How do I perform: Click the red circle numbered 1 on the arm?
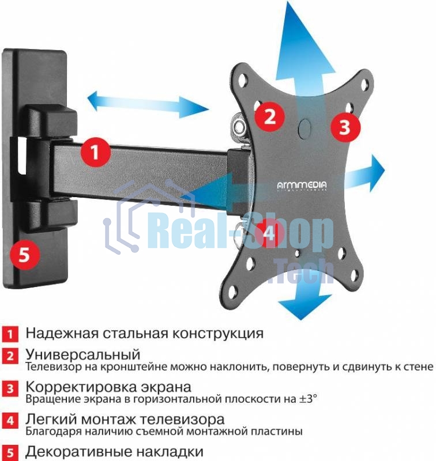95,152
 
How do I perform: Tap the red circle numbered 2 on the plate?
270,115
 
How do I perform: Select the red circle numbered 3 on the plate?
344,126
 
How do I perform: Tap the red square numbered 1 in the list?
10,334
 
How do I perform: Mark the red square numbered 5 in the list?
10,452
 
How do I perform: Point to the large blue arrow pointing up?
304,46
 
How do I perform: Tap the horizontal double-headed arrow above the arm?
148,103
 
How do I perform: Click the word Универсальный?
83,353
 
